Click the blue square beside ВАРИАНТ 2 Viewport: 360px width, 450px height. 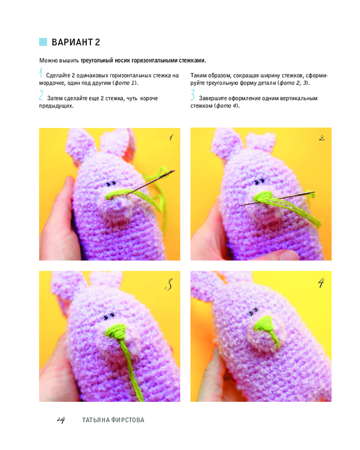coord(43,42)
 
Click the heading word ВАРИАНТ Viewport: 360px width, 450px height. coord(72,42)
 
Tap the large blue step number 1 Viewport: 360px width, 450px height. coord(41,73)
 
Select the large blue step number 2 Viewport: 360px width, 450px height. coord(41,95)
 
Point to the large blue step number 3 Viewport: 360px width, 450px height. coord(193,95)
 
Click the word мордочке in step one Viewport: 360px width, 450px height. coord(52,83)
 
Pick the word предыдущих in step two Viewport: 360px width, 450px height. coord(56,106)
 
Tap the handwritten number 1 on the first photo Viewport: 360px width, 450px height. coord(171,138)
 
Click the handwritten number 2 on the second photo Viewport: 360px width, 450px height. coord(322,138)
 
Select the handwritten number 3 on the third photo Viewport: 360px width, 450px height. coord(169,284)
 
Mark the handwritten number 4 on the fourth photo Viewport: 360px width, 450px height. coord(321,283)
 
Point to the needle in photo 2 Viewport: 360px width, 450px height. coord(277,198)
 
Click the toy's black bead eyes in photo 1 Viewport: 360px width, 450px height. coord(111,184)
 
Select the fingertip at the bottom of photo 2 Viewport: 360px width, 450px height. coord(287,255)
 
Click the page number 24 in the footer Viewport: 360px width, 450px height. coord(61,420)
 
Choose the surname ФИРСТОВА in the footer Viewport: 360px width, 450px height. coord(128,420)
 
